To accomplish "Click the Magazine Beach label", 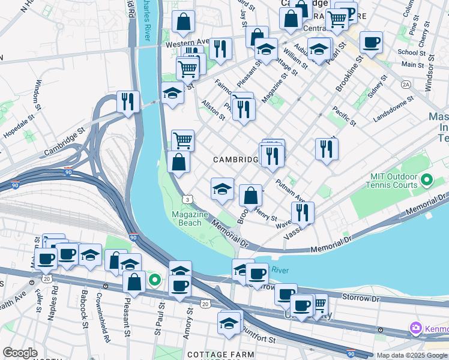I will pos(190,219).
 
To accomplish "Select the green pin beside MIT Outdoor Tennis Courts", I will pos(427,179).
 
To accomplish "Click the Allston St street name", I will pos(213,110).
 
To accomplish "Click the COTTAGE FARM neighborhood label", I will pos(220,355).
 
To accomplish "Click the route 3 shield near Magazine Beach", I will pos(188,199).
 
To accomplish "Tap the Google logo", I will pos(20,353).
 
